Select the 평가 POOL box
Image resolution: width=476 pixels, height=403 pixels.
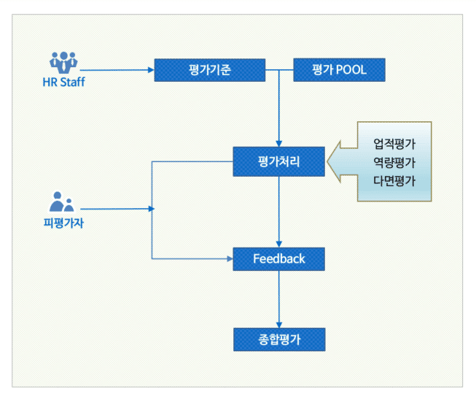[339, 70]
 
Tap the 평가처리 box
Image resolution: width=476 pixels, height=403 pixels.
[278, 161]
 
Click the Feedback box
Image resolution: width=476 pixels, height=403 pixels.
[278, 258]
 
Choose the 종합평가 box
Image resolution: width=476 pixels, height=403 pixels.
[278, 339]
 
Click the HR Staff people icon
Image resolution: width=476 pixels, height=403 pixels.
[63, 61]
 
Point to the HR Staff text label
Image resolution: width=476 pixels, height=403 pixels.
[63, 82]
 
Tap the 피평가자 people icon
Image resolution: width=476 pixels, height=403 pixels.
[62, 201]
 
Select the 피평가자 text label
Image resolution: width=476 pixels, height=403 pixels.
[63, 223]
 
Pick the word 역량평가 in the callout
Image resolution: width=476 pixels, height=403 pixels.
[394, 162]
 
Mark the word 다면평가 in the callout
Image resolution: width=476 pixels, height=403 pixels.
[394, 180]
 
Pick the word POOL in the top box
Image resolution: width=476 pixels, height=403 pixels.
[351, 70]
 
